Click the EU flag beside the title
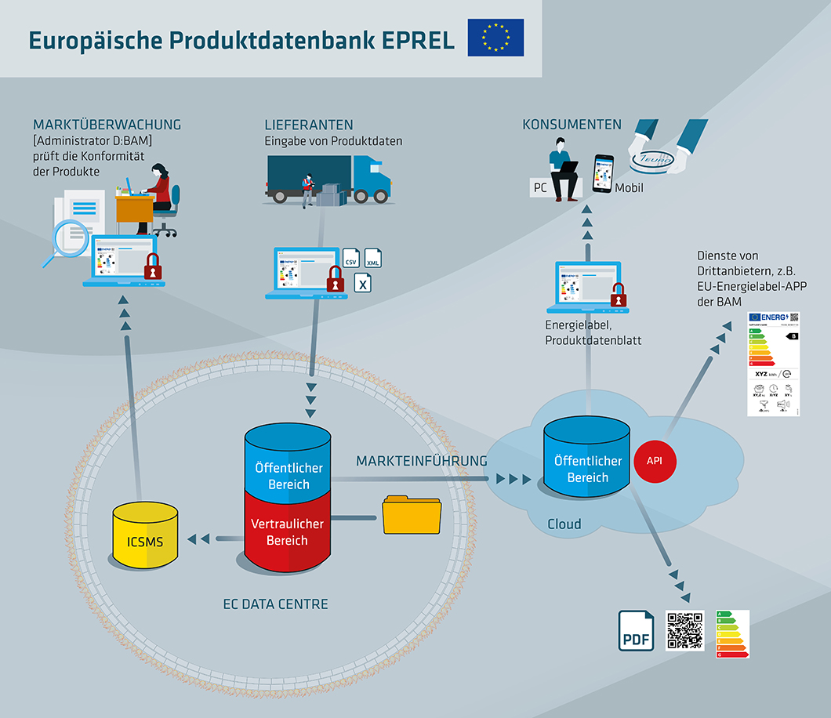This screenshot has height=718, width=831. [495, 38]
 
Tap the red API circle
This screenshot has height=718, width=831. [654, 461]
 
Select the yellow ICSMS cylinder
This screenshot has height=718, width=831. [146, 539]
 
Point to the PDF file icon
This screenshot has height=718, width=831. [636, 631]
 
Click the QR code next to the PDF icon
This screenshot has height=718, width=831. [685, 630]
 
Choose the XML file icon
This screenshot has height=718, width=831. [374, 259]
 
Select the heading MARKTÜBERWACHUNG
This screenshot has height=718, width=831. [107, 125]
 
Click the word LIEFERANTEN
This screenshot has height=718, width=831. [309, 125]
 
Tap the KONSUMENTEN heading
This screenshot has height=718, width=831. [572, 125]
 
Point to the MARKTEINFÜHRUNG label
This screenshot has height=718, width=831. [422, 460]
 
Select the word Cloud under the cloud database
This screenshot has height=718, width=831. [564, 524]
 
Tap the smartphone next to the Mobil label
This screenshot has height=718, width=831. [602, 174]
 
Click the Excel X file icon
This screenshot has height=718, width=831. [363, 283]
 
